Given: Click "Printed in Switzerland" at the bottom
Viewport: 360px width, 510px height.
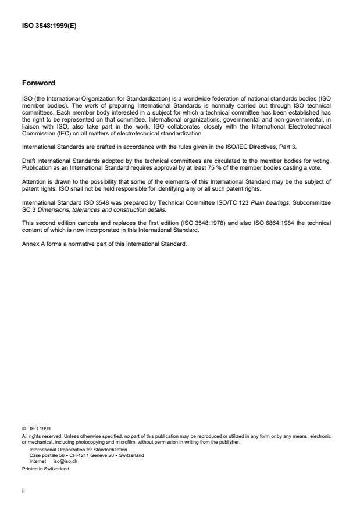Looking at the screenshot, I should click(x=45, y=469).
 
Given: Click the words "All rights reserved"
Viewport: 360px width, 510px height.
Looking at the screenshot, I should click(x=38, y=436).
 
